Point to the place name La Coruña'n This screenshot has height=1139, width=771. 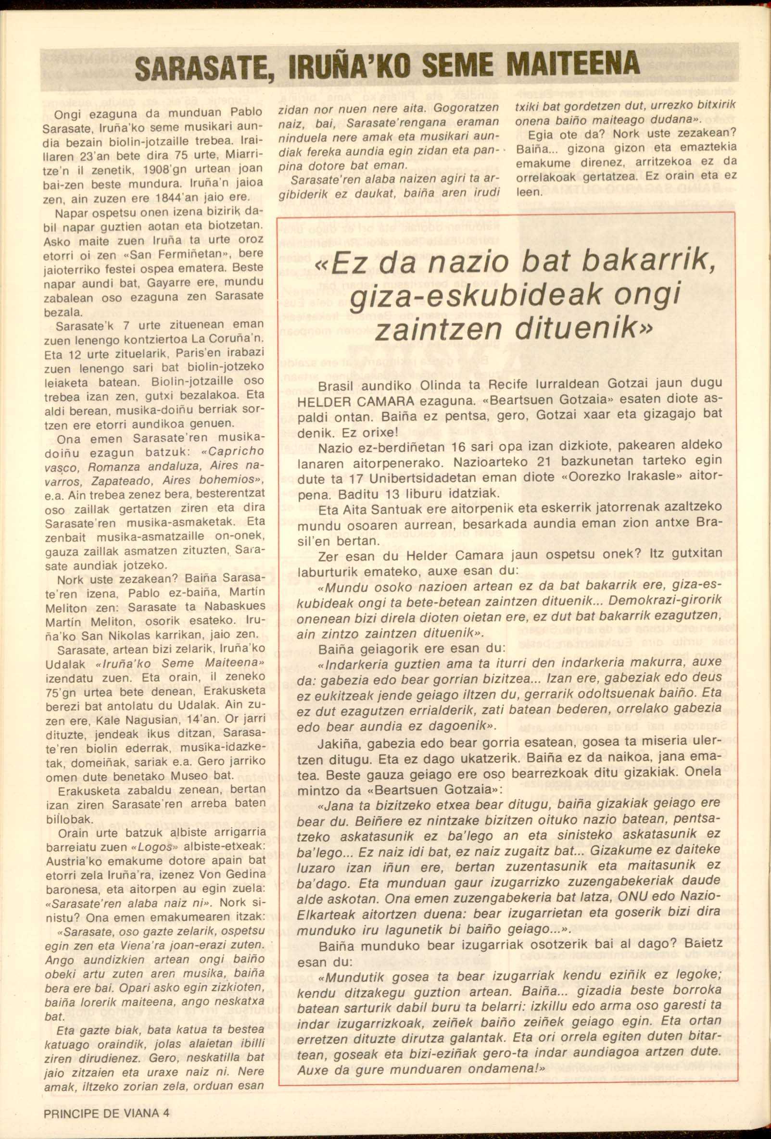236,338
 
